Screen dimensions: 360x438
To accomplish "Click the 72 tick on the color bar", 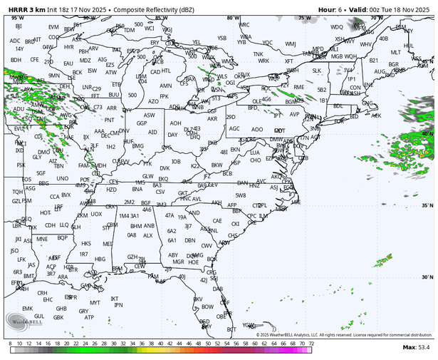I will (311, 344).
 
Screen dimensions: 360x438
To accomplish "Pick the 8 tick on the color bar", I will (9, 344).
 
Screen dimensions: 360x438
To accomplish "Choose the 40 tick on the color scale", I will (160, 344).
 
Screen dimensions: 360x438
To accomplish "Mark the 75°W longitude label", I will (305, 18).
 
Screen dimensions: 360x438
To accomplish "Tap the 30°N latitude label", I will (427, 277).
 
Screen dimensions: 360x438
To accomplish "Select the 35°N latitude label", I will (427, 206).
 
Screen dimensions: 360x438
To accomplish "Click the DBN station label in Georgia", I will (189, 240).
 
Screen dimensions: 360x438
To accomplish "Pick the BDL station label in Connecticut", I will (338, 106).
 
